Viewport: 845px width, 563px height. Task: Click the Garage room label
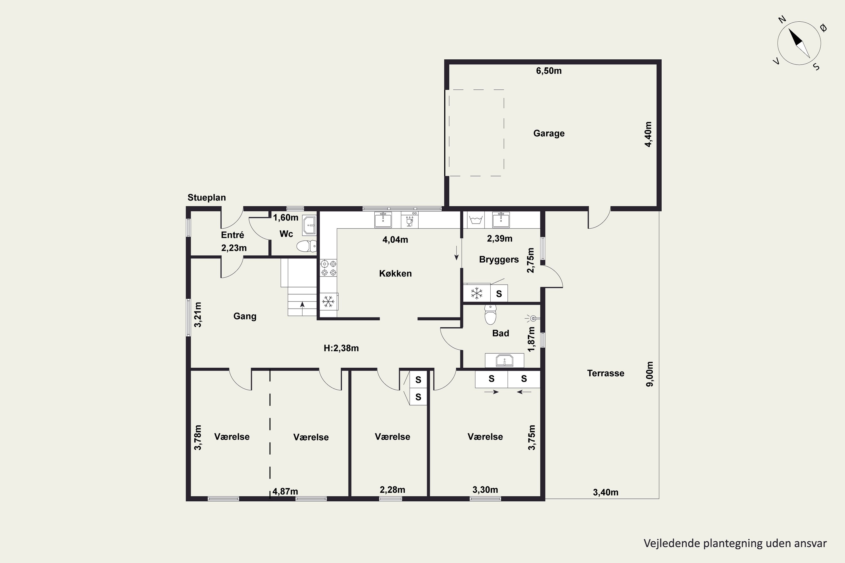[x=549, y=133]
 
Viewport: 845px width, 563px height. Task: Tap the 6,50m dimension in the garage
[x=549, y=71]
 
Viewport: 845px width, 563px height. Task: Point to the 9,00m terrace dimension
[x=650, y=374]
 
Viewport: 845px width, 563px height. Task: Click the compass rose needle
[x=799, y=43]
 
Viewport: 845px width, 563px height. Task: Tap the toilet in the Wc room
[x=306, y=246]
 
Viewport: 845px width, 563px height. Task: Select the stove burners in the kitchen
[x=328, y=268]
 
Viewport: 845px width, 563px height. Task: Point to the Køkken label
[x=395, y=274]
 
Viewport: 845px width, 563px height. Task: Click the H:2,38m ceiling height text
[x=341, y=348]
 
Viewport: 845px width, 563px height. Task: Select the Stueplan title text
[x=206, y=198]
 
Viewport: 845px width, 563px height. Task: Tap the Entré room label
[x=232, y=235]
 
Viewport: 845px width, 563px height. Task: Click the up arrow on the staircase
[x=303, y=305]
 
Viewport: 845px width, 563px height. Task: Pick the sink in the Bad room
[x=504, y=361]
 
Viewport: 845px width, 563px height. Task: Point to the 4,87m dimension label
[x=285, y=491]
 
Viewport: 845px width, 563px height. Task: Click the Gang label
[x=245, y=316]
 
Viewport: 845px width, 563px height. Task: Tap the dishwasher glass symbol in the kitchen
[x=409, y=220]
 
